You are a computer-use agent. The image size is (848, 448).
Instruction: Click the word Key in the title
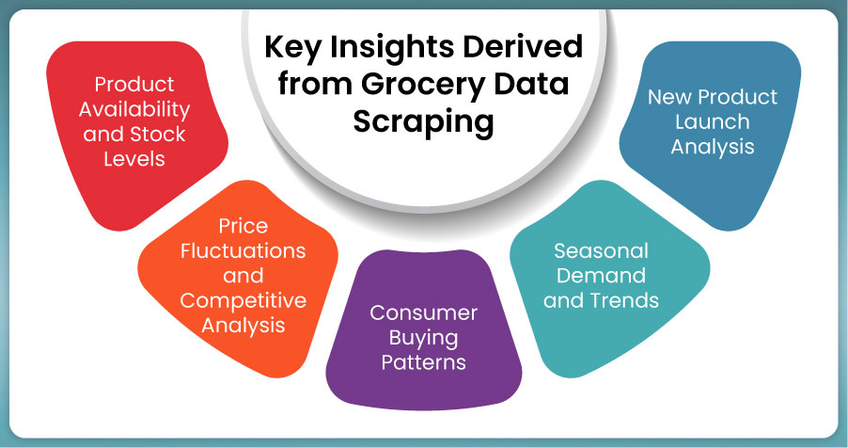(x=292, y=48)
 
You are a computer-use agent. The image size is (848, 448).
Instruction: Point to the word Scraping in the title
(x=423, y=122)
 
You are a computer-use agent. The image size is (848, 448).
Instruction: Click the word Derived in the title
(x=523, y=46)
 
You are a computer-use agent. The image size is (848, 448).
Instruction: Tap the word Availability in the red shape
(x=134, y=110)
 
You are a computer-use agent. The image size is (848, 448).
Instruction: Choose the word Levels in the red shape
(x=134, y=159)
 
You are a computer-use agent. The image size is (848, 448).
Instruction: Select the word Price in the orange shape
(x=243, y=225)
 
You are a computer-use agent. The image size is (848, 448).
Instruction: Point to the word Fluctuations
(x=243, y=250)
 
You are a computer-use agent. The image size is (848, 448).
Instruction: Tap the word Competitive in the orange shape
(x=243, y=301)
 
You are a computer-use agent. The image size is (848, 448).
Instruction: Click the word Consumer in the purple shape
(x=423, y=312)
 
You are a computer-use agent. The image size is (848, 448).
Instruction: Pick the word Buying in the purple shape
(x=423, y=339)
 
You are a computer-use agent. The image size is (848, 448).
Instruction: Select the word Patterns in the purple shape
(x=423, y=362)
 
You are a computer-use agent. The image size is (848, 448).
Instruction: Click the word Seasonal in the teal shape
(x=601, y=250)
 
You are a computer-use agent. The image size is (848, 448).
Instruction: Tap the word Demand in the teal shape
(x=601, y=275)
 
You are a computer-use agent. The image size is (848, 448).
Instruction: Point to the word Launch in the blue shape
(x=713, y=122)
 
